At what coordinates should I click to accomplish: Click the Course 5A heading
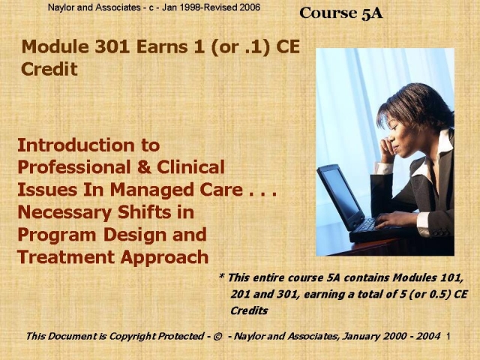(341, 13)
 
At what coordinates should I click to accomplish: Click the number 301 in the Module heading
(112, 46)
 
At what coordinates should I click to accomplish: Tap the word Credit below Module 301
(49, 69)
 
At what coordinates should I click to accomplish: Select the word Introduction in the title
(76, 145)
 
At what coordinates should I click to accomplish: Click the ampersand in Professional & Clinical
(143, 167)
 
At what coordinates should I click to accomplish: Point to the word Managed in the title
(152, 190)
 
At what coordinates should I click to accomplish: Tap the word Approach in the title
(164, 258)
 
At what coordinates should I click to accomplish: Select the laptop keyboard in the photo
(367, 225)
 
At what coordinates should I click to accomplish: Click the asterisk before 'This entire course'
(222, 276)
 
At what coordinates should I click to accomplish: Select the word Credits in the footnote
(249, 310)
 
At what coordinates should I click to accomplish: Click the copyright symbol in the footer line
(217, 337)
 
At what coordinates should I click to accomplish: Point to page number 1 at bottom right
(448, 337)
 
